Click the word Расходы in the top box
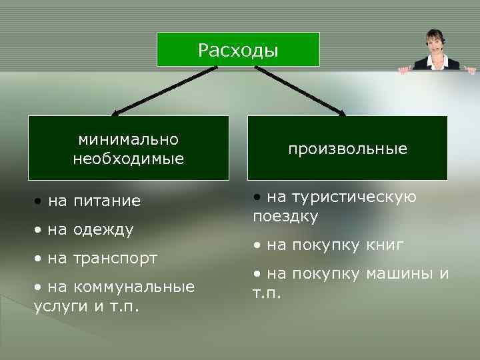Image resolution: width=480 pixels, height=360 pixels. point(238,51)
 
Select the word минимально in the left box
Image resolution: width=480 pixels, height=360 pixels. point(128,140)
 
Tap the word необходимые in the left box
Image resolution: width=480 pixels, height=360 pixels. point(128,159)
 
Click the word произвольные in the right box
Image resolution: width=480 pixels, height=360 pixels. point(347,149)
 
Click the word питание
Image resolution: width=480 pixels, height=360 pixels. point(107,201)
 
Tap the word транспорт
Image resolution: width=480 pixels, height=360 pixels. point(115,258)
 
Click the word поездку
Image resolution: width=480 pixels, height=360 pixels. point(285,217)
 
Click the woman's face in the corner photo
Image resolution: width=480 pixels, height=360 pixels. point(435,41)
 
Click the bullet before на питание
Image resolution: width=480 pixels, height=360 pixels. point(41,201)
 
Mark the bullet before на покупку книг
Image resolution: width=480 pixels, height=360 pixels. point(257,245)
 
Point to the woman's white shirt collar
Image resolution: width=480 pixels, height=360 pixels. point(436,59)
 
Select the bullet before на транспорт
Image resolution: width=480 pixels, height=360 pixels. point(41,258)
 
